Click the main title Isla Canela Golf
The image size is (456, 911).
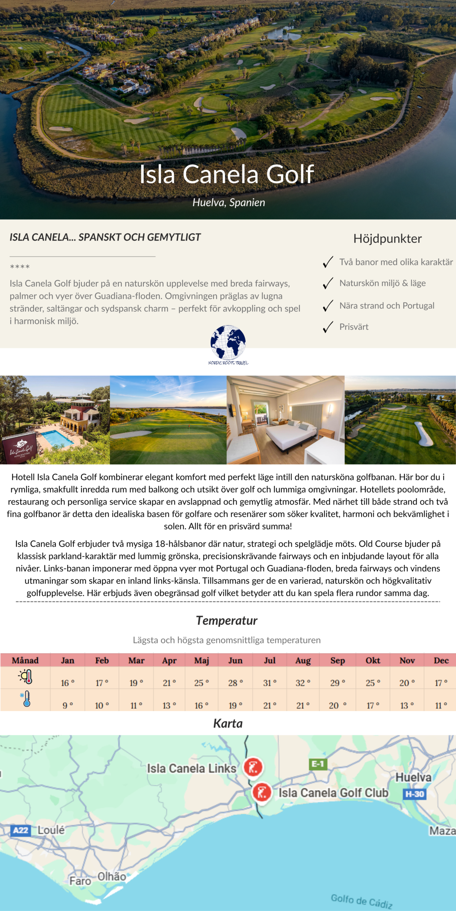click(227, 174)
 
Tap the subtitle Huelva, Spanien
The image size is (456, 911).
click(229, 202)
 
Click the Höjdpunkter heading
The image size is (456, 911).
click(387, 238)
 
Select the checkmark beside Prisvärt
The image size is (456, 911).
click(328, 327)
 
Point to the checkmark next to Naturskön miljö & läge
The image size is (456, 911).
click(328, 283)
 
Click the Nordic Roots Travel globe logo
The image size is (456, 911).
click(228, 343)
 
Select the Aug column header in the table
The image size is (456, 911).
click(303, 660)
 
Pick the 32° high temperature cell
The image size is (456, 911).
click(303, 683)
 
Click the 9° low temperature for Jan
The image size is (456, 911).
click(67, 705)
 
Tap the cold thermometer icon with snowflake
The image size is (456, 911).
click(26, 699)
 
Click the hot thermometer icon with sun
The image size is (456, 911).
click(26, 676)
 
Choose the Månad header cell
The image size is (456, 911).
click(25, 660)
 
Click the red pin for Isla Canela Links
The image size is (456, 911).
click(253, 767)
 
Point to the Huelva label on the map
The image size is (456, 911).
click(413, 778)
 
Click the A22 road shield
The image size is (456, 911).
click(20, 831)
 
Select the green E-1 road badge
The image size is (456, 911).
click(317, 764)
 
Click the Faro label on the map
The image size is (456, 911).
click(80, 881)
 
